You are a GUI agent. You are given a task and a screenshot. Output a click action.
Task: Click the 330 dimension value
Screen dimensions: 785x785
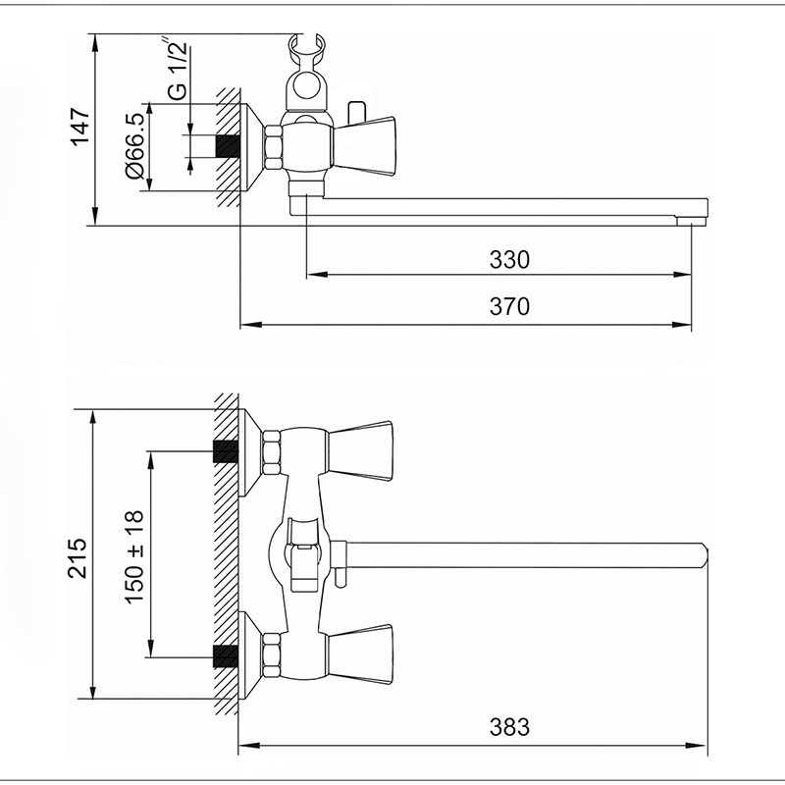point(509,260)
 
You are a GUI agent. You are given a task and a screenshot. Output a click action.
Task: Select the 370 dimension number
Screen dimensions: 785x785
point(509,306)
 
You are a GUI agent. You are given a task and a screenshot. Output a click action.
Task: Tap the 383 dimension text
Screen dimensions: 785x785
point(509,727)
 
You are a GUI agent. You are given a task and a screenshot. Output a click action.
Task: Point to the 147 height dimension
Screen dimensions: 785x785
point(80,127)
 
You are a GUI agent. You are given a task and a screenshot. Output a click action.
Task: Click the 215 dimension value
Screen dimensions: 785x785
point(78,558)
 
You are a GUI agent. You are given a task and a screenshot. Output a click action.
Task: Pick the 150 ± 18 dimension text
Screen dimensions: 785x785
point(134,557)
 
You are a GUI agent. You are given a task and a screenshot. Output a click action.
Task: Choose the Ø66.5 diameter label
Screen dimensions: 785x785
point(135,145)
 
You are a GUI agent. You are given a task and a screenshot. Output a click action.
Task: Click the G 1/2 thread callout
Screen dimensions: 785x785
point(177,69)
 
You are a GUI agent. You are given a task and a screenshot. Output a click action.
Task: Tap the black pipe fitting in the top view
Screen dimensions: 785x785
point(228,145)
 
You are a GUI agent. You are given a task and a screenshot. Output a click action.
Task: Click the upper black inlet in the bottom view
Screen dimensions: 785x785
point(226,451)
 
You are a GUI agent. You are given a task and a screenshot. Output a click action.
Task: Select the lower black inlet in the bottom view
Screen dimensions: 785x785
point(226,656)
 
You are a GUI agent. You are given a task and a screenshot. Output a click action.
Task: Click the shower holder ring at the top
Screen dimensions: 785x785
point(307,84)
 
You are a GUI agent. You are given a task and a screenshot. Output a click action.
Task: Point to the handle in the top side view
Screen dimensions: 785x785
point(364,146)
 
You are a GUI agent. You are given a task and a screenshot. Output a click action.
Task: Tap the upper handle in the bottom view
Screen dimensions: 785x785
point(359,450)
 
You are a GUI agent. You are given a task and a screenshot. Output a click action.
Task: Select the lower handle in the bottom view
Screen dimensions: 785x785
point(359,654)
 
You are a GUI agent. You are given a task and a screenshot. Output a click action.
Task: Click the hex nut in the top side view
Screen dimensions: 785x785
point(274,147)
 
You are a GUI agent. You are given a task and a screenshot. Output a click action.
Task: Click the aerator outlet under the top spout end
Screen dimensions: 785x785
point(691,221)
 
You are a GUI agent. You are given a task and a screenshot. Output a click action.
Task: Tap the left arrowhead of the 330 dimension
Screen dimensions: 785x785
point(317,275)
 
